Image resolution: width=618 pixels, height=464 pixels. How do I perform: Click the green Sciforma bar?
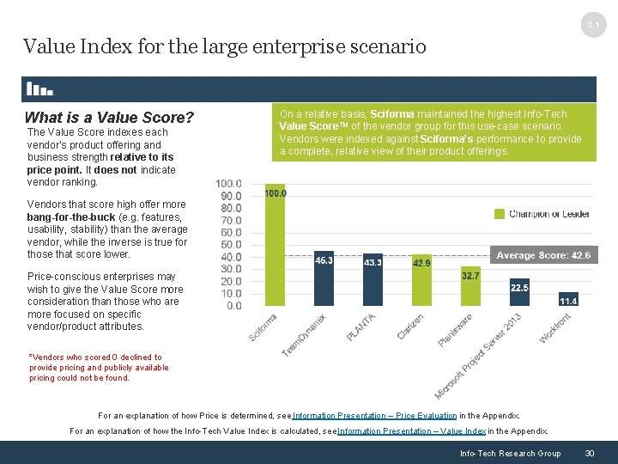coord(275,245)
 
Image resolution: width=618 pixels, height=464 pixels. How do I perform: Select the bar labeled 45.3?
coord(324,279)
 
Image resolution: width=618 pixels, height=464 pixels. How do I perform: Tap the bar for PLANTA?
coord(373,281)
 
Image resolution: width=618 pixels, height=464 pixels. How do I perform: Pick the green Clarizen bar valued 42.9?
coord(422,281)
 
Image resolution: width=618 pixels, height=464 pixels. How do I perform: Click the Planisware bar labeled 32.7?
coord(471,287)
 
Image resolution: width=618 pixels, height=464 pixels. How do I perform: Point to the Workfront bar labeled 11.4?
coord(568,301)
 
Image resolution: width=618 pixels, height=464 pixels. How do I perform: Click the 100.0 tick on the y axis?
coord(228,184)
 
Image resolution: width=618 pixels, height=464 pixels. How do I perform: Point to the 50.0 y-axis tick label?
coord(228,245)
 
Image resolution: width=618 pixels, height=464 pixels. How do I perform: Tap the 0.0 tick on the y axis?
coord(233,306)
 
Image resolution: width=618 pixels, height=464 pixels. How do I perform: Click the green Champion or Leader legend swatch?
coord(500,214)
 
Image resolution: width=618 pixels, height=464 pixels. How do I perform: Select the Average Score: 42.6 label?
coord(543,256)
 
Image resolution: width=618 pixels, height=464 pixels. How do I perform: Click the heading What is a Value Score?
coord(109,118)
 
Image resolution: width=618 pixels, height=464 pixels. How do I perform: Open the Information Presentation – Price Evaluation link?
coord(374,415)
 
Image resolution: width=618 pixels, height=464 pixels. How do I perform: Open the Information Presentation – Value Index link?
coord(415,431)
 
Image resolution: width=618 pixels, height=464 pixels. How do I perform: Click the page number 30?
coord(589,453)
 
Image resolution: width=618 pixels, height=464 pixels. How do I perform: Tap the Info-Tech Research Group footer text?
coord(510,453)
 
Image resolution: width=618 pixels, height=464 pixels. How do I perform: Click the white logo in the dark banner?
coord(39,89)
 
